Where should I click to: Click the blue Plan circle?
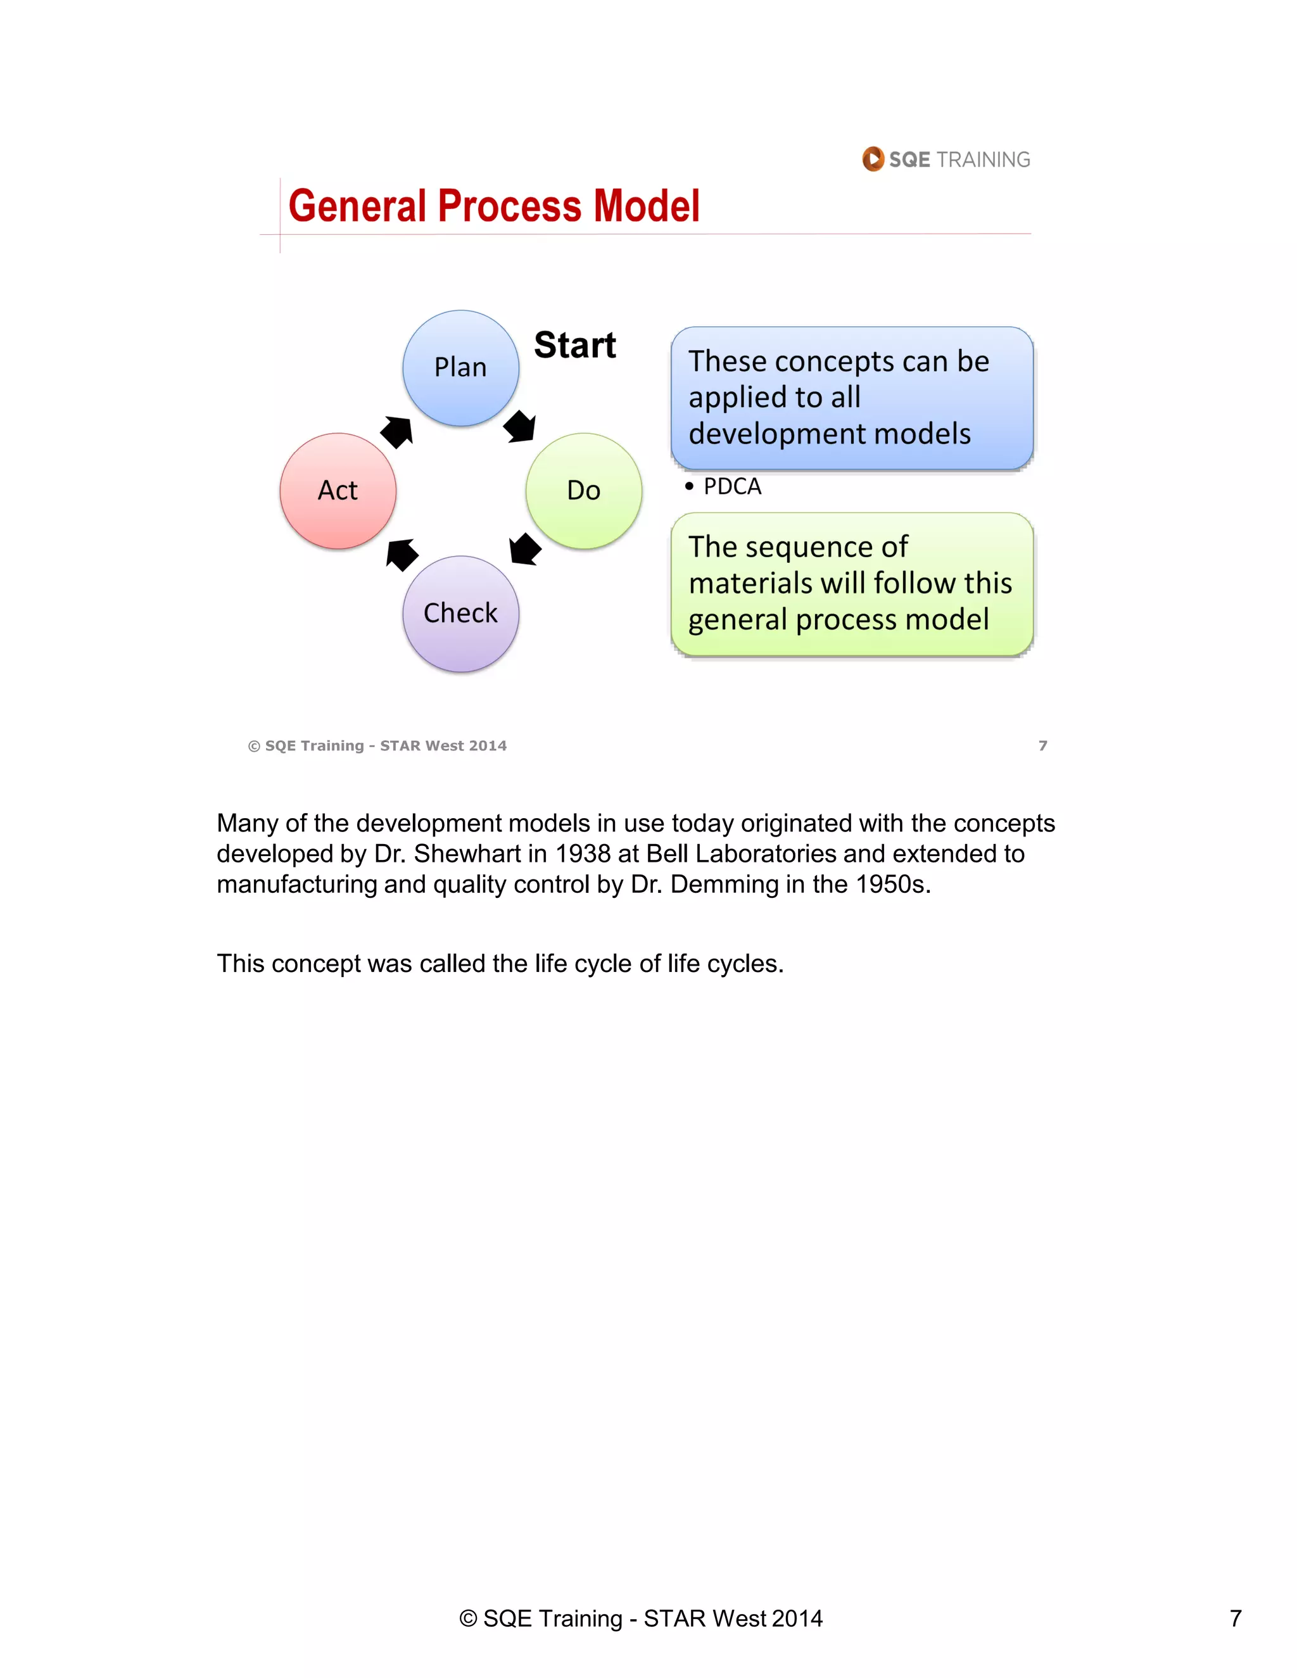[460, 368]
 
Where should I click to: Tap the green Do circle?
[583, 491]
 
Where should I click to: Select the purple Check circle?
[460, 614]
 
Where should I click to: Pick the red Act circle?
[338, 491]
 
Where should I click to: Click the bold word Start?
[575, 345]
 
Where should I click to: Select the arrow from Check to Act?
[402, 554]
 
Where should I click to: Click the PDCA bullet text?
[731, 487]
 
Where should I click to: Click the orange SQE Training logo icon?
[873, 159]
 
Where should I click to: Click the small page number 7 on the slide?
[1042, 745]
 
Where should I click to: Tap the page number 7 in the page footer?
[1236, 1618]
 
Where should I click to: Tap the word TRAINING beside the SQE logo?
[983, 160]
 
